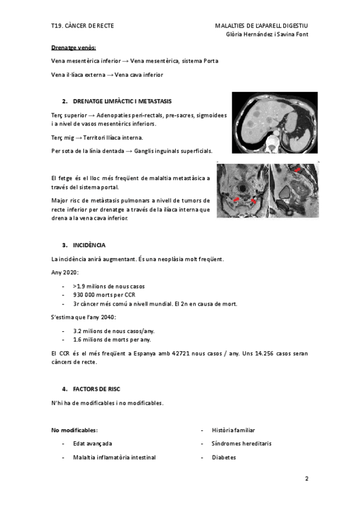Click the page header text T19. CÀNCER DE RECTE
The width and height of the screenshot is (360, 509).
coord(82,26)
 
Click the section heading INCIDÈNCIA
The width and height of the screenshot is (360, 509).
coord(89,245)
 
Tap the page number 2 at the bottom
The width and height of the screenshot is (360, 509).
coord(307,479)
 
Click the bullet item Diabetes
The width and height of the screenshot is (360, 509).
coord(224,457)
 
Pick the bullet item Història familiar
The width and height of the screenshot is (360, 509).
coord(233,430)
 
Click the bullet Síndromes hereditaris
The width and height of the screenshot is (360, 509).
coord(241,444)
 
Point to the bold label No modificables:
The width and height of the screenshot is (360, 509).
coord(74,430)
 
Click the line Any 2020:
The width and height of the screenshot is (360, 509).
coord(65,273)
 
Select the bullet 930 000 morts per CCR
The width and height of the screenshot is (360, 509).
coord(103,295)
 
